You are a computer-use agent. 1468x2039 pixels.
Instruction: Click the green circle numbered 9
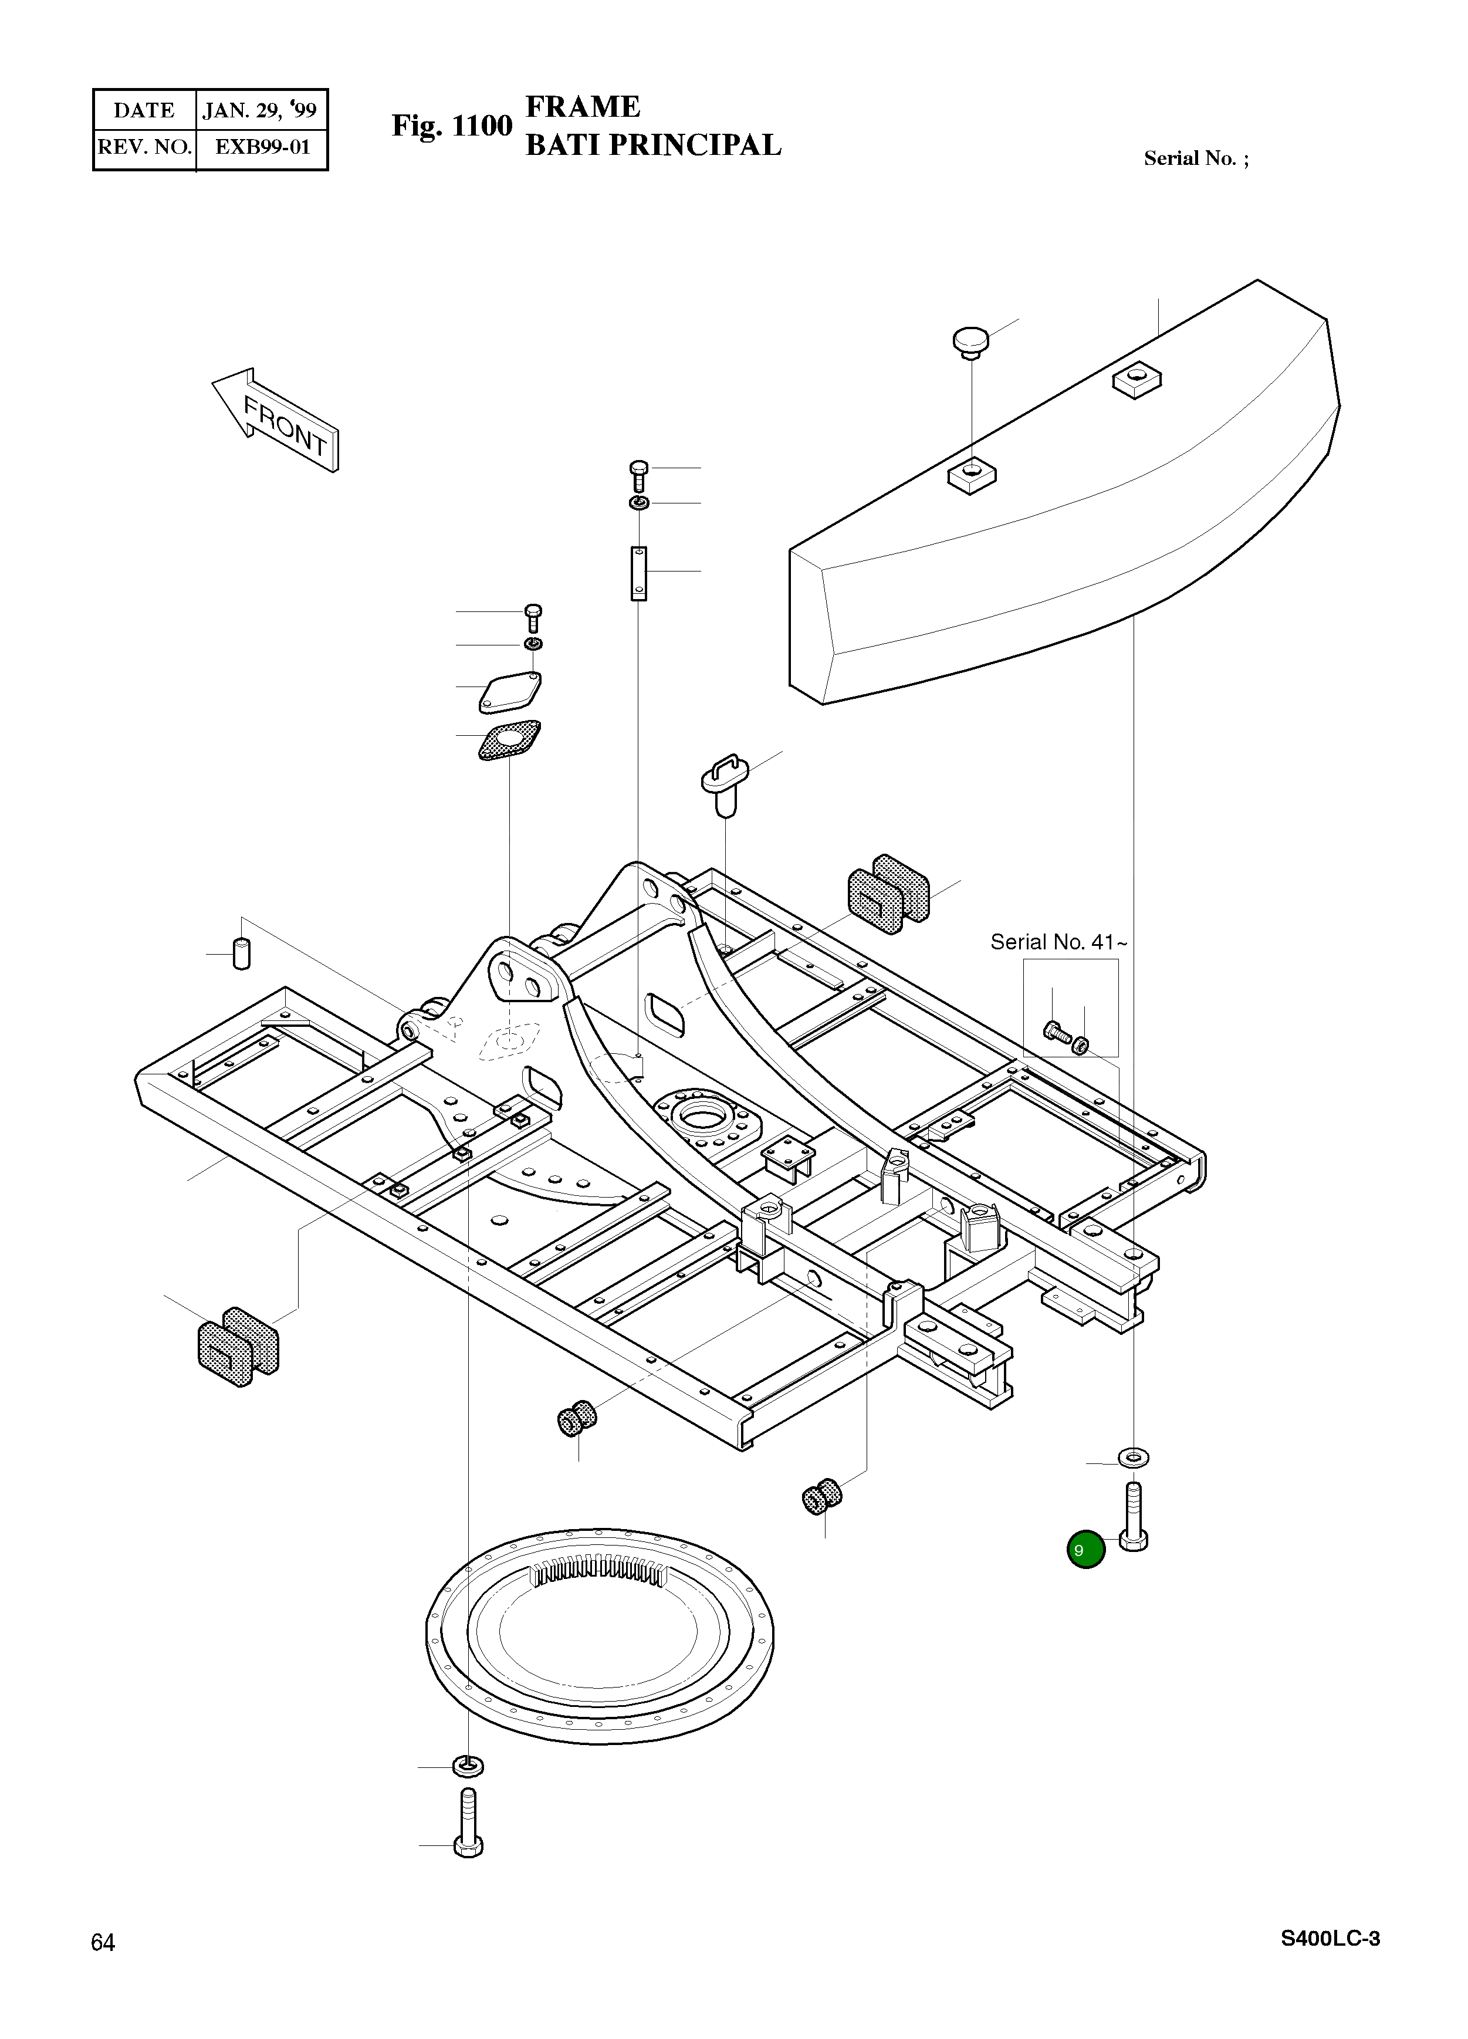(x=1085, y=1549)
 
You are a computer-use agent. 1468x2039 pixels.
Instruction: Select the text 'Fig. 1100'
(x=451, y=127)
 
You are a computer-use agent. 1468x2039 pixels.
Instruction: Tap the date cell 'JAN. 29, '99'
(x=260, y=110)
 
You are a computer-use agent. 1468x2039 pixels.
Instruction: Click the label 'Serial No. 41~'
(x=1058, y=942)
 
